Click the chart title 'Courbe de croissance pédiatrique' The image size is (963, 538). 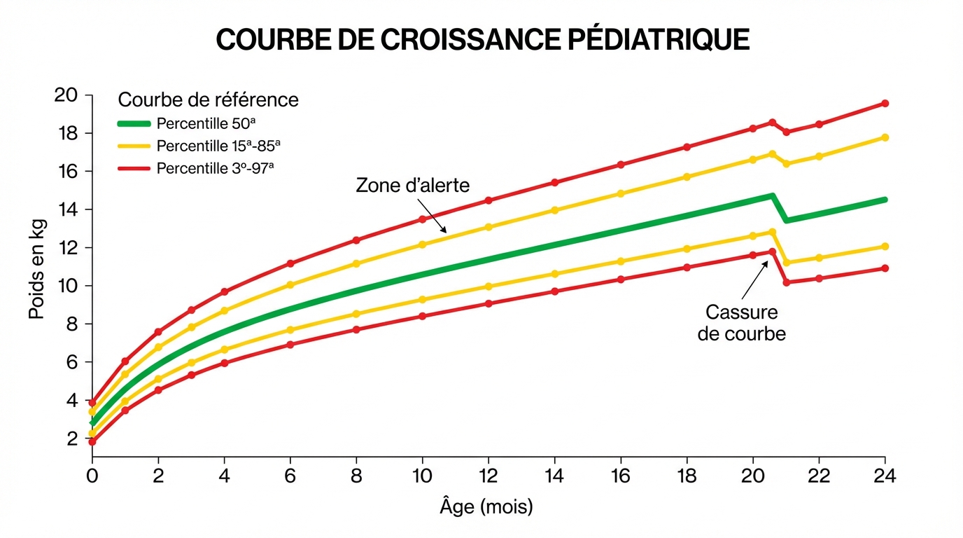482,41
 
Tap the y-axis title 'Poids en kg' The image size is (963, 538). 36,268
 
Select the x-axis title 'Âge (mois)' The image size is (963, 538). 486,506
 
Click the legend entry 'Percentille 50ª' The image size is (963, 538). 206,124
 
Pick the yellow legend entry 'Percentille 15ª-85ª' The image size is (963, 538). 218,146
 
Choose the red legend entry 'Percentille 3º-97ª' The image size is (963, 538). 215,169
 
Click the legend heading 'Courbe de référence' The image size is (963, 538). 209,100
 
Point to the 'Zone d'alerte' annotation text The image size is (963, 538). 412,186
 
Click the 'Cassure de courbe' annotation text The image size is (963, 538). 741,322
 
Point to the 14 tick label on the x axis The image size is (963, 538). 555,476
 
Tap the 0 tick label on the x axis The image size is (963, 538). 92,476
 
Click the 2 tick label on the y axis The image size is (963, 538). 71,439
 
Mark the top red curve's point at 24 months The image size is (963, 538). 885,103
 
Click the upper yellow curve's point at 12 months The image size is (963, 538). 488,227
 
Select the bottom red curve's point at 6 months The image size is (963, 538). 290,345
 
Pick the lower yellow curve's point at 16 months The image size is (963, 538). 621,261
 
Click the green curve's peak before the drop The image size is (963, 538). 773,196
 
